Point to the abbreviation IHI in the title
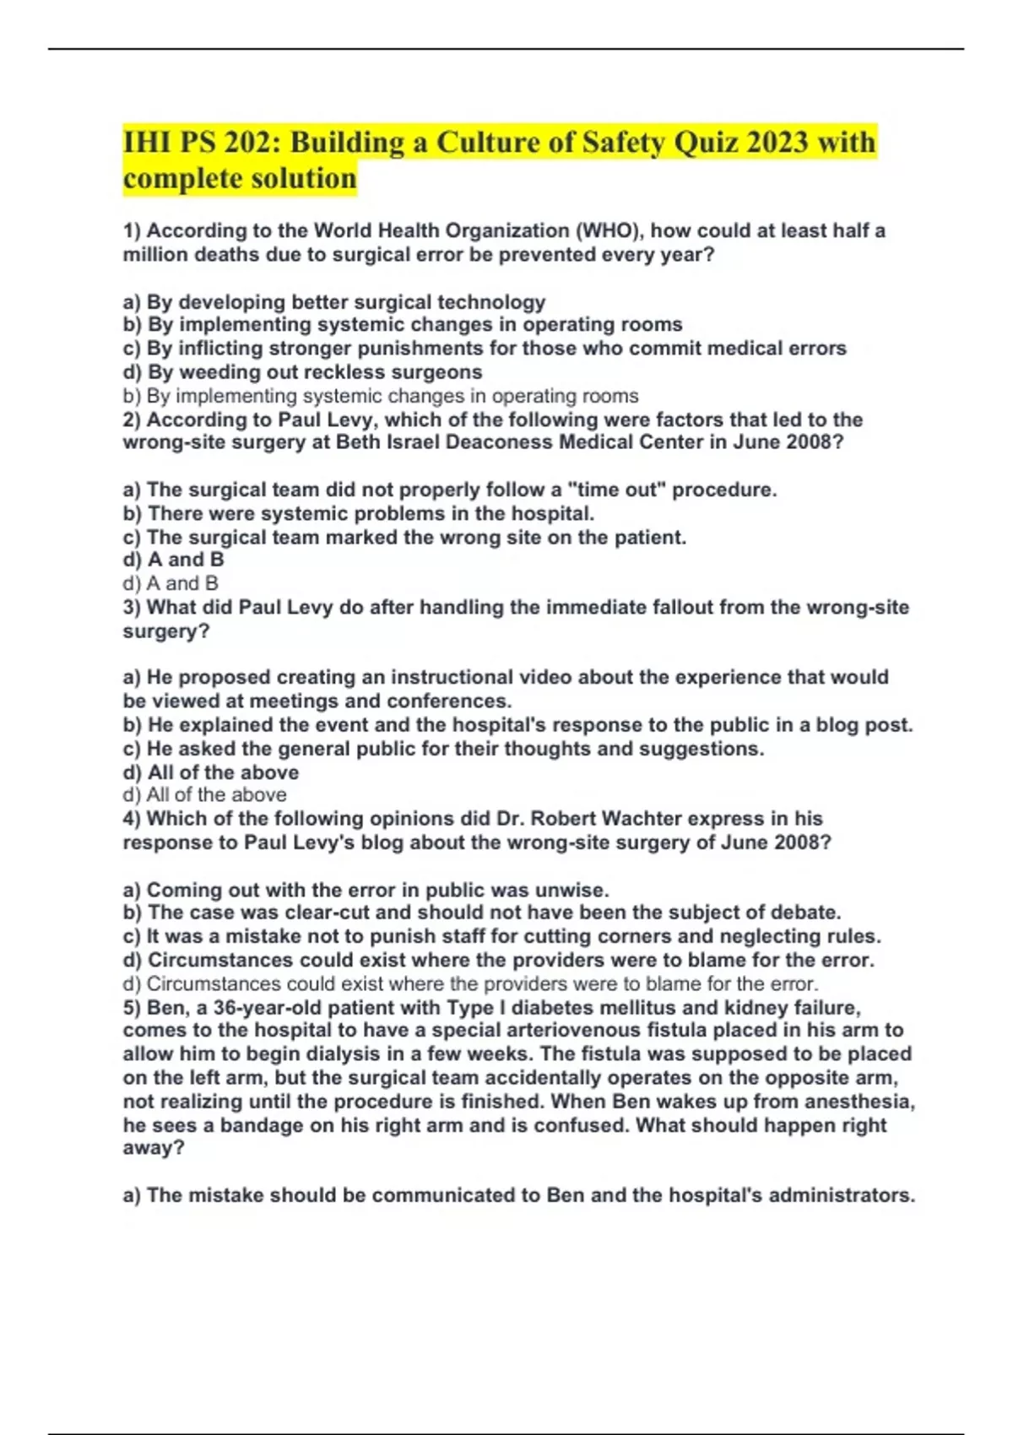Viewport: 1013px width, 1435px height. coord(144,142)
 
